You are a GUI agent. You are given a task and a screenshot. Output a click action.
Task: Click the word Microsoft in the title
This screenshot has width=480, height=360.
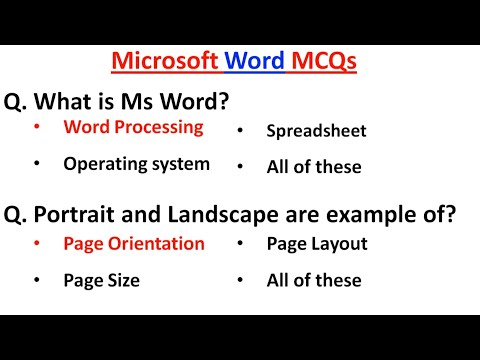click(x=165, y=61)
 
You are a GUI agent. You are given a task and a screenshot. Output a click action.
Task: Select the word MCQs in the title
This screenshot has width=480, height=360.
click(x=323, y=61)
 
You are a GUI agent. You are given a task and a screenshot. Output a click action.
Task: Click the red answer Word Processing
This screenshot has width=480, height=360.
click(x=133, y=127)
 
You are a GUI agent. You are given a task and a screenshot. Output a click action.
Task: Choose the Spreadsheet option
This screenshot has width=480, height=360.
click(x=316, y=130)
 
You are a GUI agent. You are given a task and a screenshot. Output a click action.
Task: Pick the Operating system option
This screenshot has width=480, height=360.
click(x=136, y=164)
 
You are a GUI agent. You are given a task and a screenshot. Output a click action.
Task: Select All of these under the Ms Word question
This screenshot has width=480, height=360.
click(x=314, y=167)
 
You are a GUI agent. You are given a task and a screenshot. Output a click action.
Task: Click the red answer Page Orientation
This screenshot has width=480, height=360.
click(x=133, y=243)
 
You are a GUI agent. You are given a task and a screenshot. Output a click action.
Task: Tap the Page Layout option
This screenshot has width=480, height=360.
click(x=317, y=243)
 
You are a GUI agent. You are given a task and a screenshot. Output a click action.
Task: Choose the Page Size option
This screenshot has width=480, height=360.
click(x=101, y=281)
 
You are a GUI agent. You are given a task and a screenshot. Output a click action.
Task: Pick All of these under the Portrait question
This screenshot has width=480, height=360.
click(x=314, y=281)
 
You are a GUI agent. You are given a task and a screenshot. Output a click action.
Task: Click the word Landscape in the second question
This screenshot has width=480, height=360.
click(x=224, y=213)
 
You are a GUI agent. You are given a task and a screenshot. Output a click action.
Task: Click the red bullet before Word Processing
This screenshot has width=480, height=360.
click(x=38, y=127)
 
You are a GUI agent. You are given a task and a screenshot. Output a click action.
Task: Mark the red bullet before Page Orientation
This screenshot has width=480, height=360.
click(x=38, y=243)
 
